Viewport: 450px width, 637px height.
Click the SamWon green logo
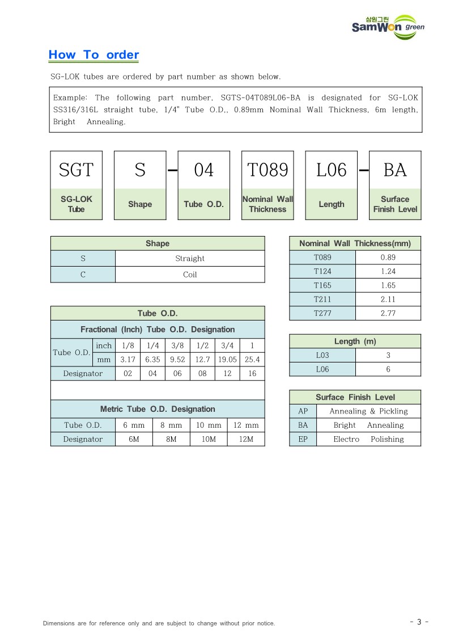[388, 27]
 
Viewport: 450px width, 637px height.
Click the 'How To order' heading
[94, 55]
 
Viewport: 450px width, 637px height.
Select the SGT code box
[77, 170]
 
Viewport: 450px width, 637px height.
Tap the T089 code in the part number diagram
[268, 170]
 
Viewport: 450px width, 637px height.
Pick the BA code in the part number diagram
[395, 170]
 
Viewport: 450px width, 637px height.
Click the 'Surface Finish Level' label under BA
[395, 204]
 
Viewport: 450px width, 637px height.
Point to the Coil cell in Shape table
[190, 275]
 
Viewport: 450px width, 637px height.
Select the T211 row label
[322, 299]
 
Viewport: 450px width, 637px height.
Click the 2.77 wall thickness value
[388, 313]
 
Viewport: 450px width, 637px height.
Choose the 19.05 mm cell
[227, 360]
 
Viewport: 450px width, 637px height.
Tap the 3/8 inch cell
[177, 345]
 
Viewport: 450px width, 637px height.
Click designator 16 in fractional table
[252, 373]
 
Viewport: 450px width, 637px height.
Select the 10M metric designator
[209, 439]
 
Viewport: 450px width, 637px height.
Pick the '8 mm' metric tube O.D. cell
[171, 425]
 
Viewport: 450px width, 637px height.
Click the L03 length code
[322, 355]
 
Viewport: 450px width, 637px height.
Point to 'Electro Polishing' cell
[368, 439]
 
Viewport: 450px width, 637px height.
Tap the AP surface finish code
[303, 411]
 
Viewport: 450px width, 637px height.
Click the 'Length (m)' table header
[355, 341]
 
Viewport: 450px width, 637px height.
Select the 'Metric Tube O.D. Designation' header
[158, 409]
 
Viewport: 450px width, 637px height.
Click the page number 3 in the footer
[419, 622]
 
